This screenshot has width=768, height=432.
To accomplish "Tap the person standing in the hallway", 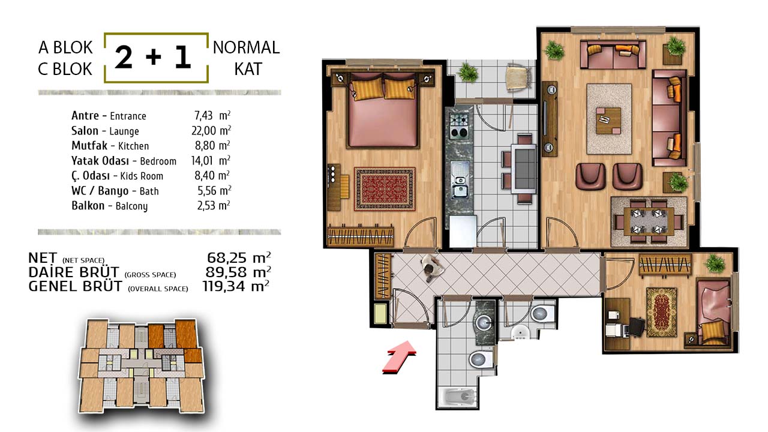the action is click(x=431, y=268).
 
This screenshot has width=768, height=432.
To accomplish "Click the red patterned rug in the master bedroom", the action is click(x=385, y=189).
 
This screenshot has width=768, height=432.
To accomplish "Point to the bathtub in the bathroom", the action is click(x=458, y=397).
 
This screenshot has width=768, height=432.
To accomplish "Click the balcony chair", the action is click(x=518, y=77).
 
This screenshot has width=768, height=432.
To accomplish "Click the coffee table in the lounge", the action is click(x=608, y=121).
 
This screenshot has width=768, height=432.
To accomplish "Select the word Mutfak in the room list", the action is click(x=89, y=146).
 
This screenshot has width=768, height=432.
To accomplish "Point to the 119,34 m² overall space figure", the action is click(x=236, y=286).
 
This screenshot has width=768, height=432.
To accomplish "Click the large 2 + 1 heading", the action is click(x=153, y=58).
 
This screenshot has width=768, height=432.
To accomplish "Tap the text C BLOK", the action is click(x=65, y=69).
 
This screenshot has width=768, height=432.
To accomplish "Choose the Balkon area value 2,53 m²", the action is click(x=213, y=206).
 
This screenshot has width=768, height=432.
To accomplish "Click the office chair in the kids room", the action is click(x=637, y=327).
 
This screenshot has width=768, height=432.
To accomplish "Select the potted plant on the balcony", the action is click(x=467, y=72).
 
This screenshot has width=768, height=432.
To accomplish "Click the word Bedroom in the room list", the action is click(x=158, y=161).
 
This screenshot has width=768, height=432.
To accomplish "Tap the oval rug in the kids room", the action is click(x=661, y=313).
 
